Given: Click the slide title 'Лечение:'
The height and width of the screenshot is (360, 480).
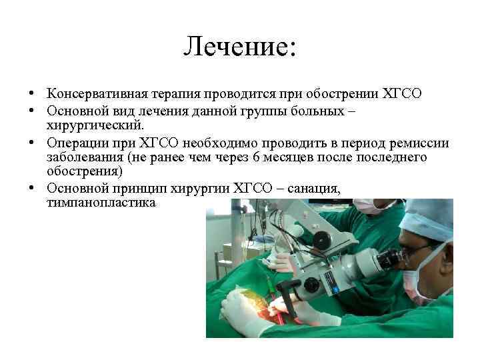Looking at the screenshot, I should [x=240, y=46].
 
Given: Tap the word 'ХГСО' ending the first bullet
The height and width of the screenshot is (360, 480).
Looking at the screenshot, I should [x=403, y=93].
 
